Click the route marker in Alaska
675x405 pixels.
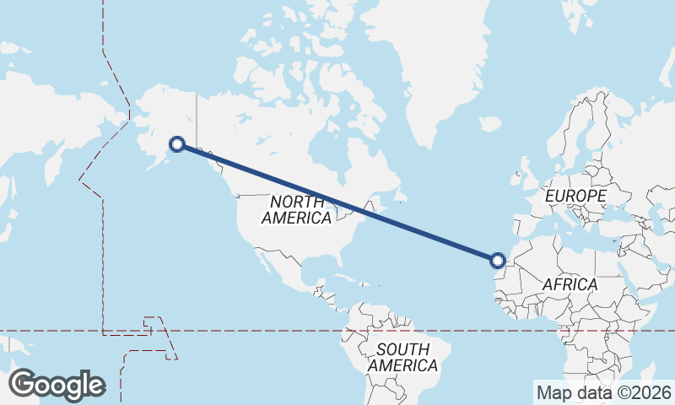[x=177, y=143]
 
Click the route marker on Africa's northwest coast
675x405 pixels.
[x=499, y=260]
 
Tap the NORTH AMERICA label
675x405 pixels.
[x=296, y=209]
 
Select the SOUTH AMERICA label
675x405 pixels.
[x=402, y=358]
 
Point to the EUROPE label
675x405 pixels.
[x=575, y=196]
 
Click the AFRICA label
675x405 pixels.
[x=570, y=284]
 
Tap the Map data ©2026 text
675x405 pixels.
[x=603, y=392]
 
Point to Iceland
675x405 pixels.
[x=491, y=125]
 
